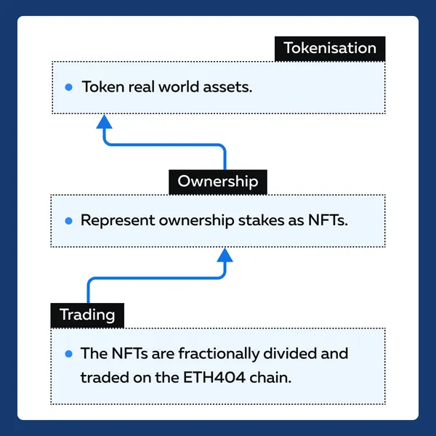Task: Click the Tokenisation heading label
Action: point(330,49)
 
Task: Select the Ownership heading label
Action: point(218,182)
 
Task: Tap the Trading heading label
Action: point(87,315)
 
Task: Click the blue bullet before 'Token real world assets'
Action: point(69,87)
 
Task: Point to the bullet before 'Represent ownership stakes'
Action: point(69,221)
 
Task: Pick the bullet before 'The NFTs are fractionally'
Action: point(69,354)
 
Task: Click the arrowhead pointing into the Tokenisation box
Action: point(104,121)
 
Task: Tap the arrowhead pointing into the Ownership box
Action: point(225,255)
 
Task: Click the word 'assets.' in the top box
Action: point(227,87)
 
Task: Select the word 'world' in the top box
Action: point(179,86)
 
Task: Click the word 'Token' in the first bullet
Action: point(103,86)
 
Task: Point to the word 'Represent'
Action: point(118,221)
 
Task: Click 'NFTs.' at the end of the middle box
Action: point(328,220)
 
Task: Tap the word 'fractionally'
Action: point(219,354)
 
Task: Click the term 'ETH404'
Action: point(214,378)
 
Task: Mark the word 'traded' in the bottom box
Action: point(105,378)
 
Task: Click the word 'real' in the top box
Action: point(141,86)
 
